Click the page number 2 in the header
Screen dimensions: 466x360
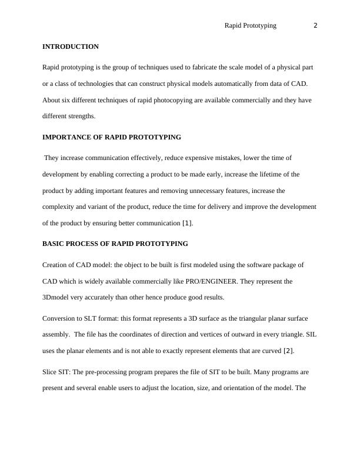coord(316,25)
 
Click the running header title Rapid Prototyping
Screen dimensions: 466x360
coord(251,25)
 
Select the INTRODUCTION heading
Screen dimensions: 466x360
coord(71,46)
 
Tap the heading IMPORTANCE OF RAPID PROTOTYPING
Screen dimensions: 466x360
coord(112,137)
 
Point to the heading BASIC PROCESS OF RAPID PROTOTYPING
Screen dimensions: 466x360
coord(115,243)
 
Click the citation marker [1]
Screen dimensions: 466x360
coord(187,224)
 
